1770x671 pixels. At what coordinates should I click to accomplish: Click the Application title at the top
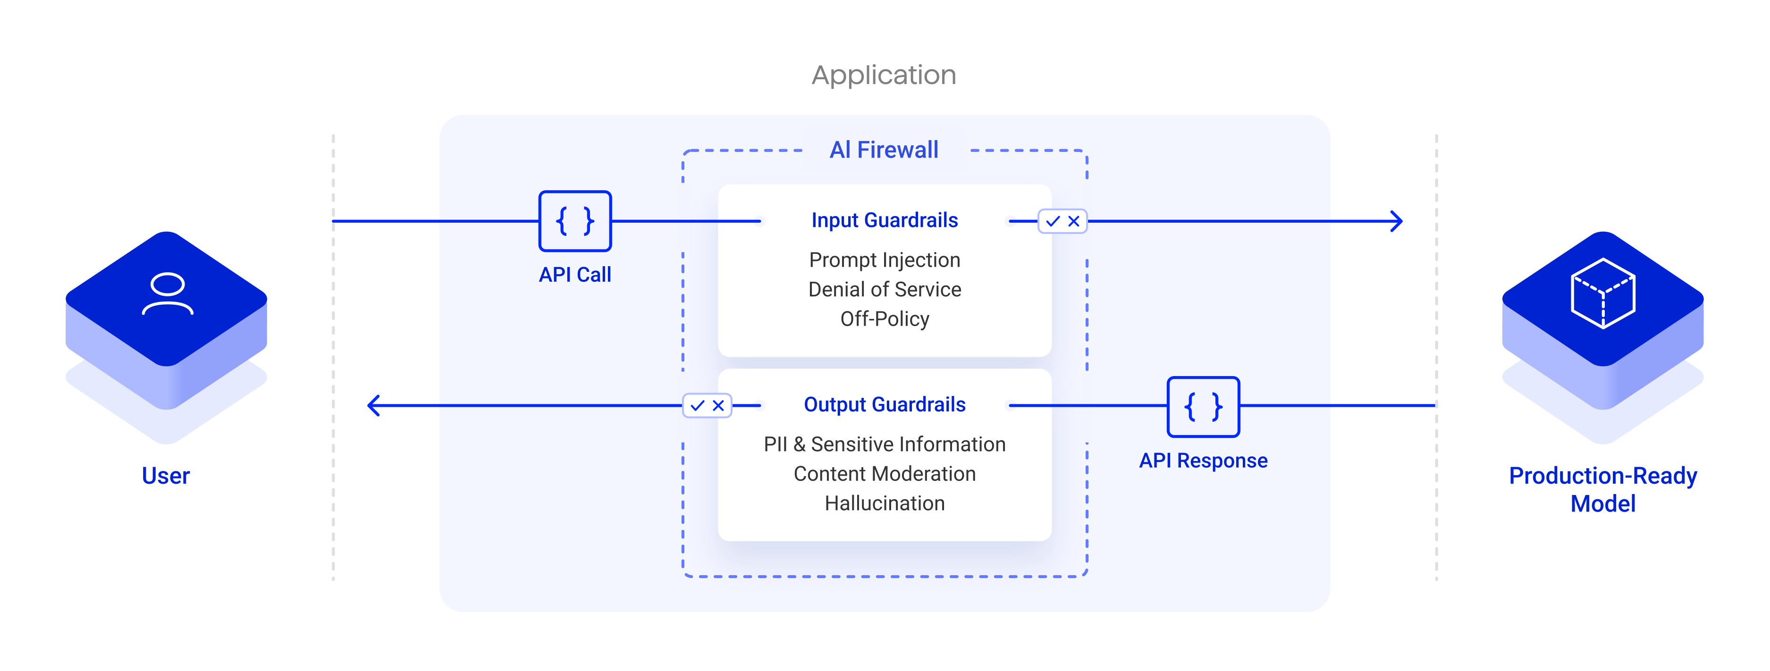coord(884,75)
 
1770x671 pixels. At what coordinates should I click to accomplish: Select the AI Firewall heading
coord(884,150)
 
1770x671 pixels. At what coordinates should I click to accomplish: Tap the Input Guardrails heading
coord(885,220)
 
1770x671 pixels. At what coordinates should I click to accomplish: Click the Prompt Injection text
coord(885,260)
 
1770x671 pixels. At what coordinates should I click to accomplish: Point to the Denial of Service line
coord(885,290)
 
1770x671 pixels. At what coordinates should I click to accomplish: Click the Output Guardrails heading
coord(885,404)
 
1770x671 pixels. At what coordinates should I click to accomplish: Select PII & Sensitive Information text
coord(885,445)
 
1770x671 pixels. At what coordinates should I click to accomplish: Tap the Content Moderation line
coord(885,474)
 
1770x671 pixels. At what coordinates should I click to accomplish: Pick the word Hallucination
coord(885,503)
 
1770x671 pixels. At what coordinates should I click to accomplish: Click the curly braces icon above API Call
coord(574,221)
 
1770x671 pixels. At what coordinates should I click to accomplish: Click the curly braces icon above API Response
coord(1203,407)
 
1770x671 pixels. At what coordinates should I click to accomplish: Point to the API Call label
coord(574,275)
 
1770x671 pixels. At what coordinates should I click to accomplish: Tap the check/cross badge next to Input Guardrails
coord(1062,221)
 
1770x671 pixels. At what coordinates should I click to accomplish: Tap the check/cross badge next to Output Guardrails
coord(707,405)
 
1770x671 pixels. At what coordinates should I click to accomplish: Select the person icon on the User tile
coord(167,294)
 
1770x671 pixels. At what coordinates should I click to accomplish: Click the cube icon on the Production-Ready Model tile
coord(1602,294)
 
